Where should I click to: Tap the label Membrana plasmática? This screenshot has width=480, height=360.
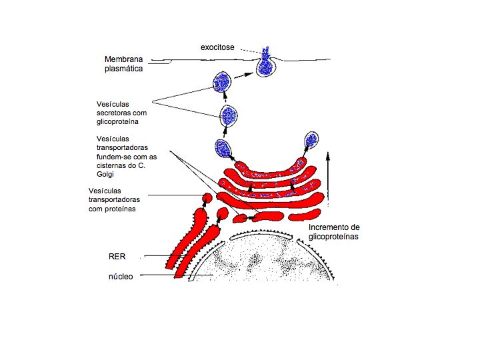pyautogui.click(x=125, y=63)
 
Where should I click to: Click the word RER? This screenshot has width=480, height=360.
pyautogui.click(x=117, y=256)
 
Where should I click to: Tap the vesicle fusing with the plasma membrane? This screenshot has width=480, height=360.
pyautogui.click(x=267, y=64)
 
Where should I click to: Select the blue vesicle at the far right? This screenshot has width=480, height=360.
pyautogui.click(x=311, y=140)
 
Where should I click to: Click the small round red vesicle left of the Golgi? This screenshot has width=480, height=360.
pyautogui.click(x=207, y=198)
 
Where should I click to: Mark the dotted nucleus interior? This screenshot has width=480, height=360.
pyautogui.click(x=267, y=263)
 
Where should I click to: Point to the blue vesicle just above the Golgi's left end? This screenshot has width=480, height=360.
pyautogui.click(x=223, y=148)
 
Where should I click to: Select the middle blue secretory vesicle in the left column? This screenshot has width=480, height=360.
pyautogui.click(x=229, y=115)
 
